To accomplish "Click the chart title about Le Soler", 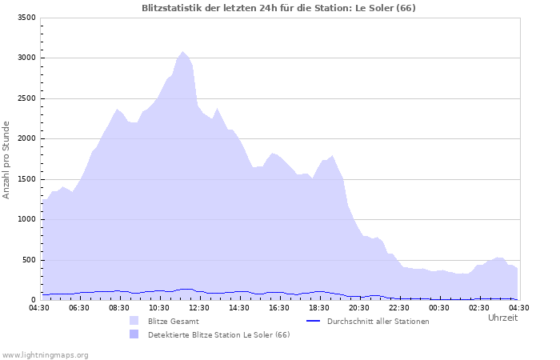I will pos(278,8).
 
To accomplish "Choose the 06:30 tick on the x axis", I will pos(79,307).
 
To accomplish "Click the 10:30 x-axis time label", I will pos(159,307).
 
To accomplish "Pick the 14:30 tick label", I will pos(239,307).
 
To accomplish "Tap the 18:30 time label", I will pos(319,307).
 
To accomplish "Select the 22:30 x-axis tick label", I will pos(399,307).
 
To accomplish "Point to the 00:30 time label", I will pos(439,307).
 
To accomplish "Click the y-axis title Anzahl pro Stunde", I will pos(6,160).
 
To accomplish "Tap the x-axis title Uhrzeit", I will pos(502,318).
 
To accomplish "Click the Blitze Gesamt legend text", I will pos(174,321).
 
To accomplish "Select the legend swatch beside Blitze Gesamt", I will pos(134,321).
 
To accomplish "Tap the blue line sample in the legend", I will pos(313,321).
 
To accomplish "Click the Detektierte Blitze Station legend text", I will pos(218,334).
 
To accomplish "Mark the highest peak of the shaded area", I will pos(182,52).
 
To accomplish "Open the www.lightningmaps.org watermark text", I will pos(45,354).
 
